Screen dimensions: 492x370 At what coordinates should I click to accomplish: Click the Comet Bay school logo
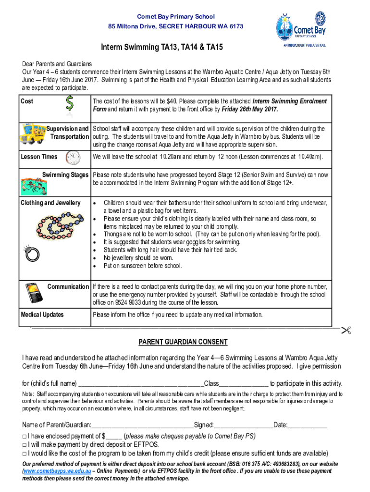click(303, 30)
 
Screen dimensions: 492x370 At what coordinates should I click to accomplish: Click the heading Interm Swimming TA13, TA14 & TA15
click(161, 48)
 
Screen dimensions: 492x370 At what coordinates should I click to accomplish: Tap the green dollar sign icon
click(70, 105)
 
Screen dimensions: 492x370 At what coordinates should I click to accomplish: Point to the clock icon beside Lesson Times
click(73, 157)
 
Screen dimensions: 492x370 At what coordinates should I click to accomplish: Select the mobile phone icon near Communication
click(33, 293)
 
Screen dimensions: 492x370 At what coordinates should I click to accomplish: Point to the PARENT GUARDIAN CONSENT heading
click(183, 342)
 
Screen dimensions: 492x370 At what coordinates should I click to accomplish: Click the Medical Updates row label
click(42, 315)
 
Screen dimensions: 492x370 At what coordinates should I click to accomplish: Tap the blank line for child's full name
click(141, 383)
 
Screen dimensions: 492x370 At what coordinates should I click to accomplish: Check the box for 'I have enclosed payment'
click(25, 436)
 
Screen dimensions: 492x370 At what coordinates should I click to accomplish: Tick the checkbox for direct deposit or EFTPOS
click(25, 444)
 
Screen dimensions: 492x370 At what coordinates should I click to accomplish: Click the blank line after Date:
click(308, 425)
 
